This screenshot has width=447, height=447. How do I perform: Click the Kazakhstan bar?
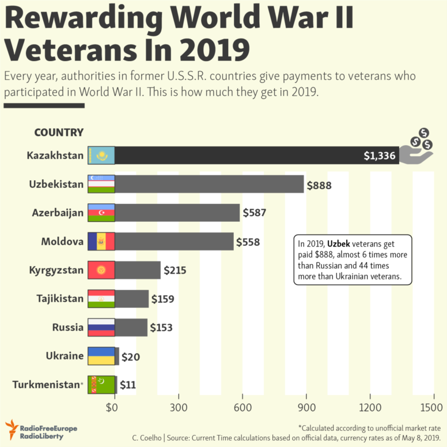pos(256,155)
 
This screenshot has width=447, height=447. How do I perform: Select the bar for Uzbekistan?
pos(209,184)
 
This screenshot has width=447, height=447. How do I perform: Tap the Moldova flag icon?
pos(101,241)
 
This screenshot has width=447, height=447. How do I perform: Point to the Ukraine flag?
pos(101,356)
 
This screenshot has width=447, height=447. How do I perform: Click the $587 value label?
pos(254,213)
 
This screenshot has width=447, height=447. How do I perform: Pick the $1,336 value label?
pos(380,156)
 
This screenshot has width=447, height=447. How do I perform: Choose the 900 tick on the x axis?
pos(306,407)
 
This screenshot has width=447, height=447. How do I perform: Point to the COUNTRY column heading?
pos(59,132)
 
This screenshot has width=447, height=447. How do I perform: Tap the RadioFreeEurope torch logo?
pos(12,429)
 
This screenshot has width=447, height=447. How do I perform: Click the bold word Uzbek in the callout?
pos(339,244)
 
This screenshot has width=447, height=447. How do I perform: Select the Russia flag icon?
pos(101,327)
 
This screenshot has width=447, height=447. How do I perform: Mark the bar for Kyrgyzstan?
pos(138,270)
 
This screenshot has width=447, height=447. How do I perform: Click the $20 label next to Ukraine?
pos(130,357)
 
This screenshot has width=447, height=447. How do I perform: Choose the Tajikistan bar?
pos(132,298)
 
